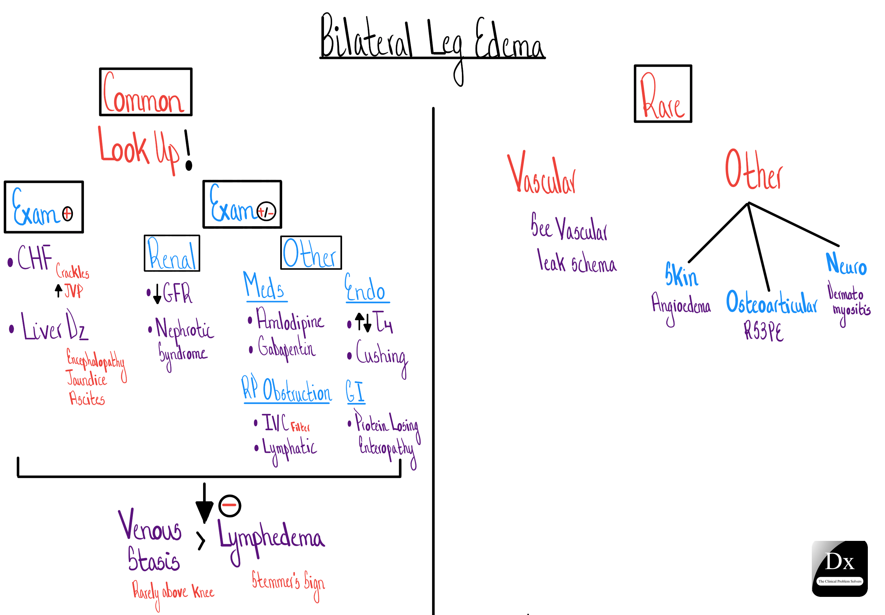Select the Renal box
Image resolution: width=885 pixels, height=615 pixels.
172,253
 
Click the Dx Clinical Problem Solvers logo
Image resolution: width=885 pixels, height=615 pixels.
840,568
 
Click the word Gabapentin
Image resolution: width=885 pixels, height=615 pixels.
287,348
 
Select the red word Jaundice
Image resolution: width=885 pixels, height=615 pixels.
86,379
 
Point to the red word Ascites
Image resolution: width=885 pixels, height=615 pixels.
87,398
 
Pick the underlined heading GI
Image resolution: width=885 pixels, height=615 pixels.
355,392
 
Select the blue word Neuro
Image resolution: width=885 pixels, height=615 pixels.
846,264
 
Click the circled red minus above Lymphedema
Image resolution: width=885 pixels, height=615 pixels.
230,505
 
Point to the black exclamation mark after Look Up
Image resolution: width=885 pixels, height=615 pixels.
188,150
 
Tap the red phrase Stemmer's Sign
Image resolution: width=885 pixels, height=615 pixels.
288,581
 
